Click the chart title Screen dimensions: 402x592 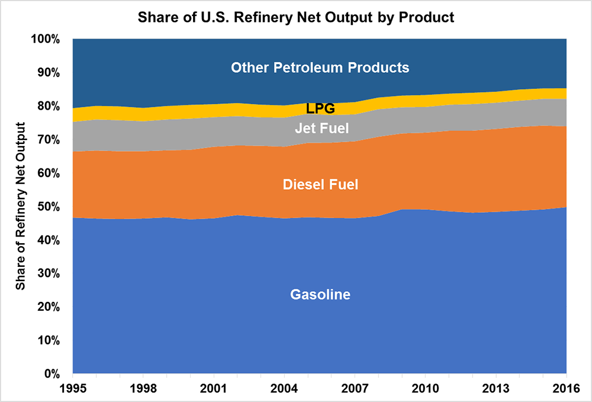click(296, 17)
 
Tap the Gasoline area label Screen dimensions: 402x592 click(320, 295)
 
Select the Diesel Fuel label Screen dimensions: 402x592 click(320, 185)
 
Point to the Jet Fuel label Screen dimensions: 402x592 click(320, 128)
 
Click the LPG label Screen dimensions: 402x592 click(320, 109)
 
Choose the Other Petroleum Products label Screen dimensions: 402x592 click(320, 68)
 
